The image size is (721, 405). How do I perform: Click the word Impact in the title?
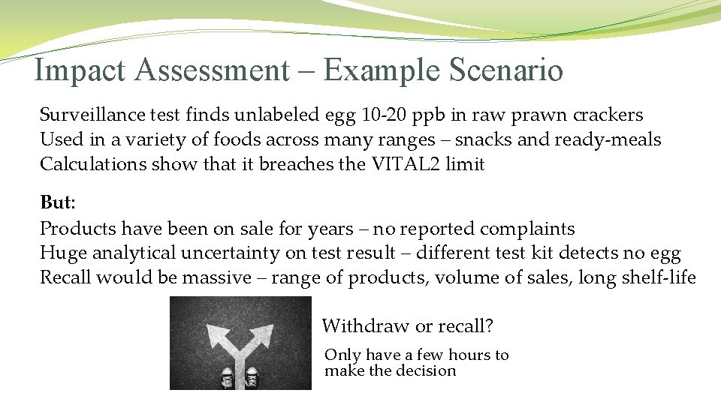80,70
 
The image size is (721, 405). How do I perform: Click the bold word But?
58,204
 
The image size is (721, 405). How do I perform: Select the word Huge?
61,253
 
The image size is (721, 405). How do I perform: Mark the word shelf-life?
659,278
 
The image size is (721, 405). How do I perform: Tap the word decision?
427,371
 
